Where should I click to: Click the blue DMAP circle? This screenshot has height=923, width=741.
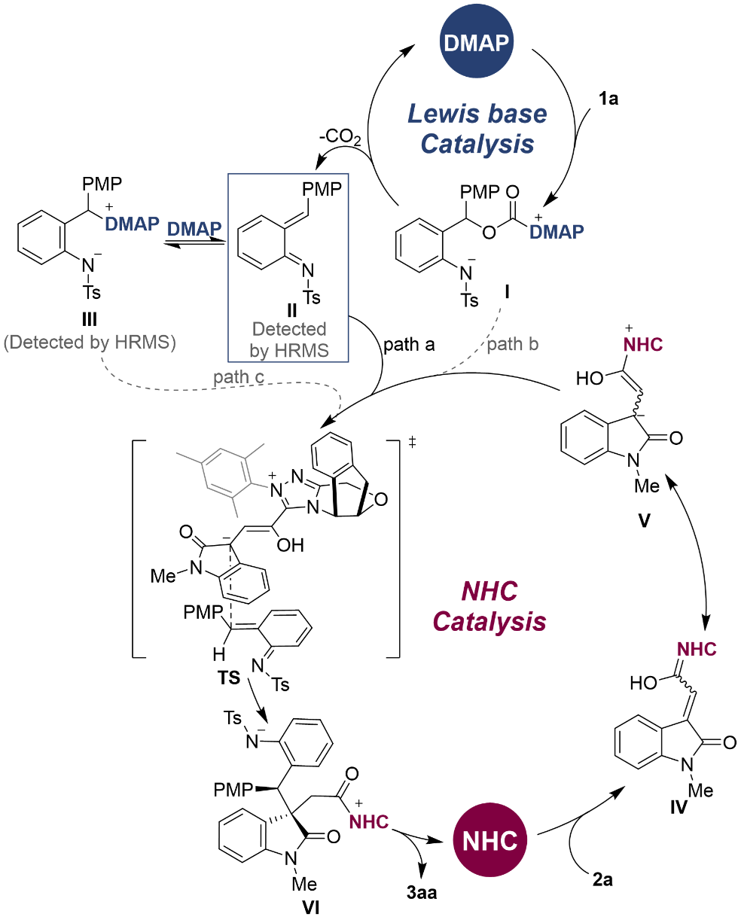pos(477,41)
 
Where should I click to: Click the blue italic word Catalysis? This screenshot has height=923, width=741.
pos(477,144)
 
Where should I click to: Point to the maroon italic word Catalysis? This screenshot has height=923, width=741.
pos(489,622)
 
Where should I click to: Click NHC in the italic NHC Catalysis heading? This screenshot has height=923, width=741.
pos(489,592)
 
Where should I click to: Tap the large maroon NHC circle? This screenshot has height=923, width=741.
pos(490,839)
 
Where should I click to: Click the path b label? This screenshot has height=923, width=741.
pos(512,345)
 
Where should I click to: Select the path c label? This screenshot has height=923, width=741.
pos(239,376)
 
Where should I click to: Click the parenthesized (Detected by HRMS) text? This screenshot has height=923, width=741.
pos(90,343)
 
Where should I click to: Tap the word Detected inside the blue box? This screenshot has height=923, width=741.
pos(289,329)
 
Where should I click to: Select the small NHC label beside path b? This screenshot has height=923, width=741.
pos(643,345)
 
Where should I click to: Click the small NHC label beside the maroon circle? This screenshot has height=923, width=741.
pos(368,822)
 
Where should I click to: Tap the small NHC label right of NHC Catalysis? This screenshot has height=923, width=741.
pos(697,649)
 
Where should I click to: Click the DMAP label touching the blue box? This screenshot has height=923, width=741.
pos(194,229)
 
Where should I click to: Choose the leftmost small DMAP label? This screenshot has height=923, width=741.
pos(132,224)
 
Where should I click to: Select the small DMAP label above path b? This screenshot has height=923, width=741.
pos(557,232)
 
